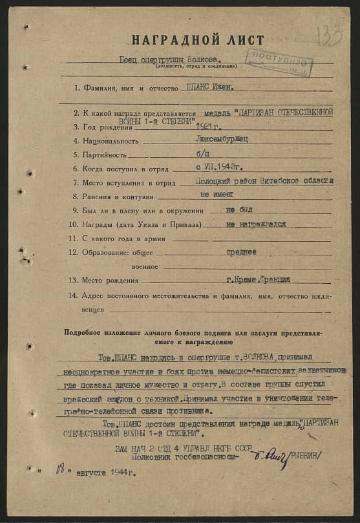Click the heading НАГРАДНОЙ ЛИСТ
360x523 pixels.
click(198, 40)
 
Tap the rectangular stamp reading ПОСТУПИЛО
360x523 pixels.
click(279, 61)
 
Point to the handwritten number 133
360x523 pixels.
click(331, 35)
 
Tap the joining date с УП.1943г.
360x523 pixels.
click(214, 168)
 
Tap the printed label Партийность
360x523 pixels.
click(106, 155)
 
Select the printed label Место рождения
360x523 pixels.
click(110, 281)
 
